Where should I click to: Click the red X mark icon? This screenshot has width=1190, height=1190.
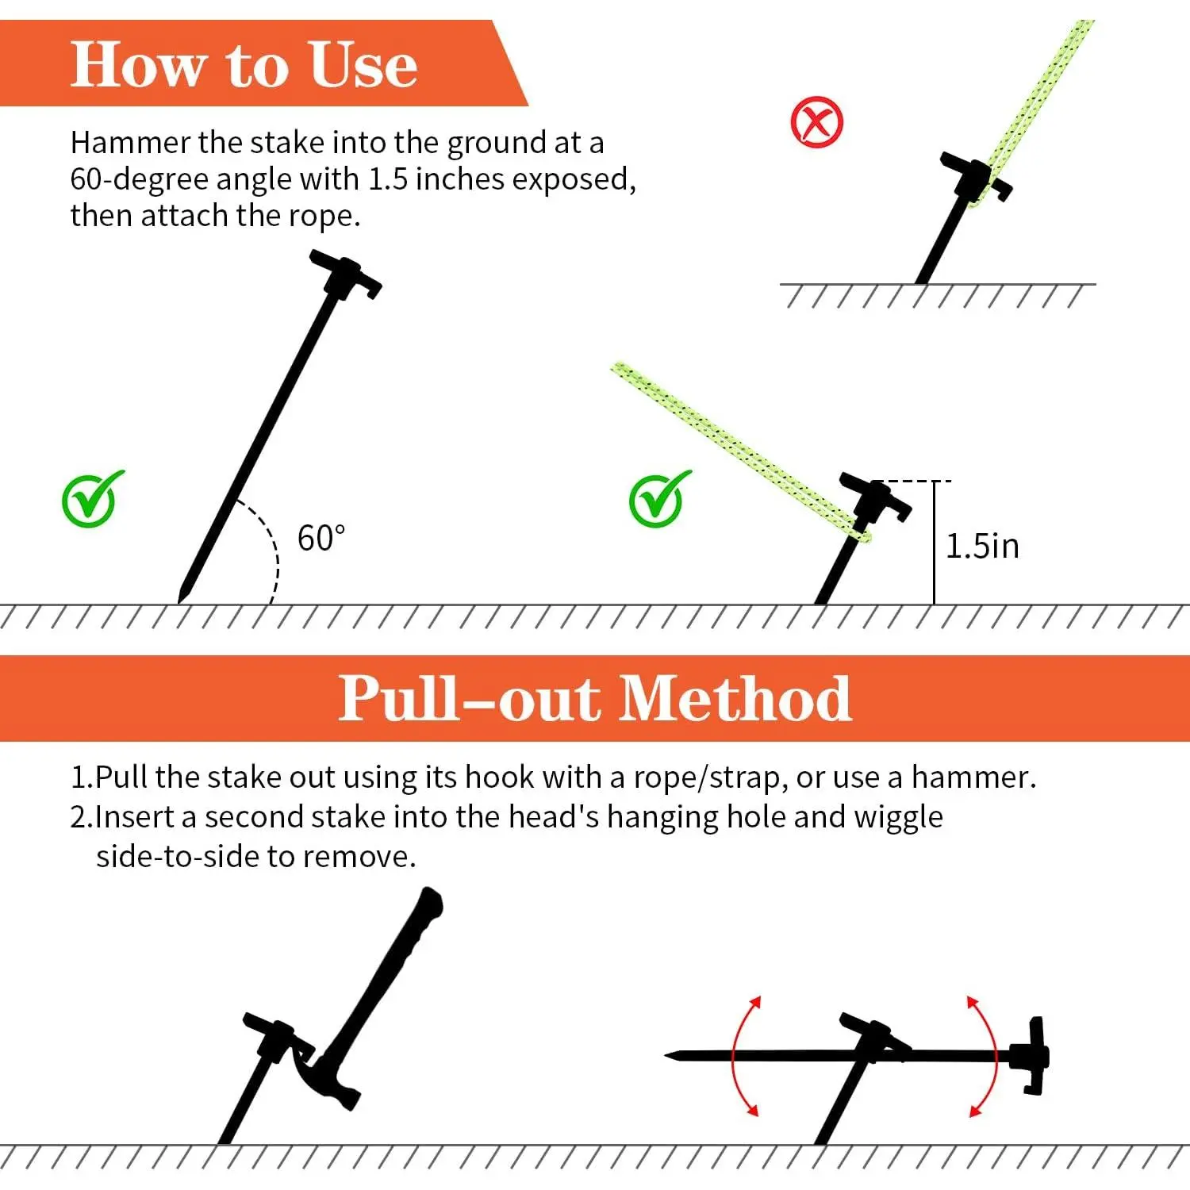817,122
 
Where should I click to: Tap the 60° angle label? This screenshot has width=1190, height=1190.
321,539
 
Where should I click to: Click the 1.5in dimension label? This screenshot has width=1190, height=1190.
982,547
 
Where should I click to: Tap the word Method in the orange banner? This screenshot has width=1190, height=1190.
735,698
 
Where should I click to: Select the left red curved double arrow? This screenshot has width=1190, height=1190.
744,1056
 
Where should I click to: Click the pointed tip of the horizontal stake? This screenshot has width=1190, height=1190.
666,1055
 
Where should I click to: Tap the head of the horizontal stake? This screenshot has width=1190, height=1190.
1032,1056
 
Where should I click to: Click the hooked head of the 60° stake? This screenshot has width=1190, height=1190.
346,274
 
